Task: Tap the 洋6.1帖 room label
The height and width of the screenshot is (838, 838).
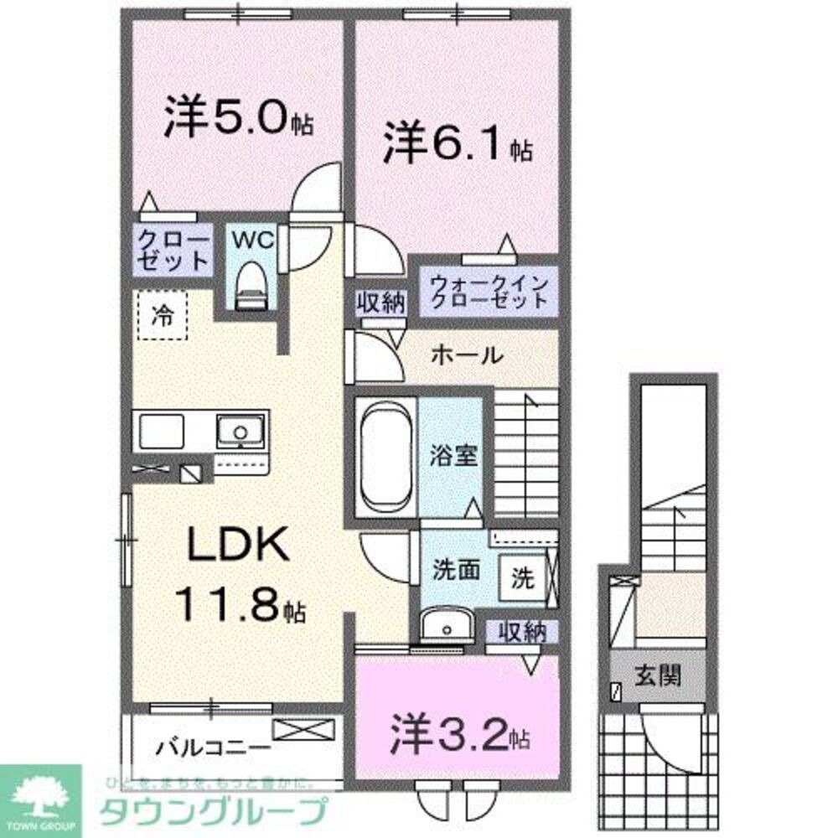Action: (x=458, y=146)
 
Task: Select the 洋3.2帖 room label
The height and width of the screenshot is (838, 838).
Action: (x=458, y=734)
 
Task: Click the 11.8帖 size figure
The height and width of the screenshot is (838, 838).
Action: (x=238, y=603)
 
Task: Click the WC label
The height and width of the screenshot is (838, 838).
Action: (x=253, y=240)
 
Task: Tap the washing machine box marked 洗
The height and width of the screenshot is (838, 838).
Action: (x=522, y=577)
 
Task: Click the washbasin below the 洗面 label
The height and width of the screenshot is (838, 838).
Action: (x=445, y=628)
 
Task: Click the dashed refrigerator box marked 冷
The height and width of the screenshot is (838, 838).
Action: (x=162, y=316)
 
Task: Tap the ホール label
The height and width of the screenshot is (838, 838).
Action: (x=467, y=355)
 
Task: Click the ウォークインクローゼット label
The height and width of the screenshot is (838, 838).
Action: (x=489, y=291)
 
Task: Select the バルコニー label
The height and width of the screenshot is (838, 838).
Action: (x=213, y=745)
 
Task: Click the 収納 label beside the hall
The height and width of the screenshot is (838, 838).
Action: (x=382, y=301)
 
